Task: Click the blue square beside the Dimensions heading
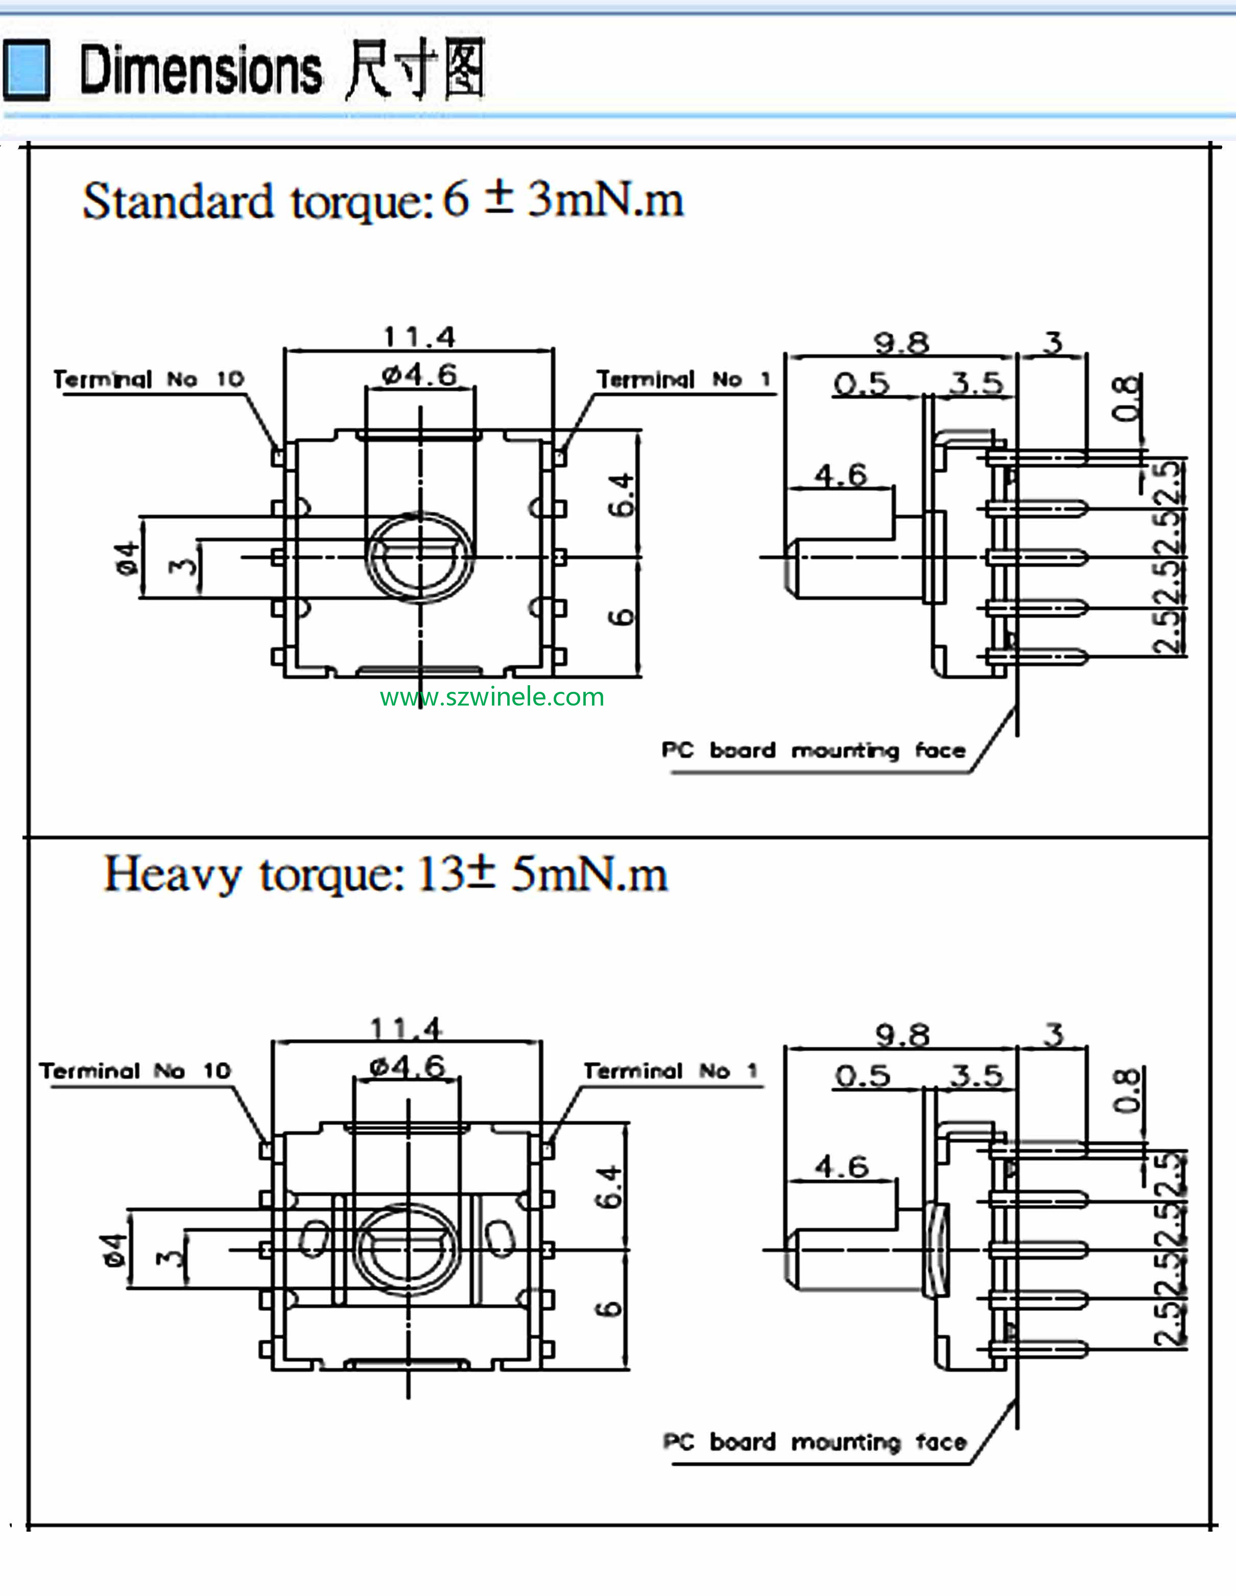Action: tap(27, 70)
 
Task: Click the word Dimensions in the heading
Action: tap(200, 70)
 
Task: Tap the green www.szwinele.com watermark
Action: tap(492, 697)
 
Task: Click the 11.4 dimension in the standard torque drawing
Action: tap(419, 337)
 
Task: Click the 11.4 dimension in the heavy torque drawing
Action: tap(407, 1029)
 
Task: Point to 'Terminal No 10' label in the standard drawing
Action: tap(149, 379)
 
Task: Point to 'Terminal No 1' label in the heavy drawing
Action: tap(670, 1071)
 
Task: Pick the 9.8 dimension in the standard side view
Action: tap(901, 343)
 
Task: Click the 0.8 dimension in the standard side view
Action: tap(1126, 398)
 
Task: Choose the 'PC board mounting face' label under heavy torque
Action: tap(814, 1442)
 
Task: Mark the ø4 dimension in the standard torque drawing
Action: tap(127, 559)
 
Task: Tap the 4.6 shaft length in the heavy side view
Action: tap(841, 1166)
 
